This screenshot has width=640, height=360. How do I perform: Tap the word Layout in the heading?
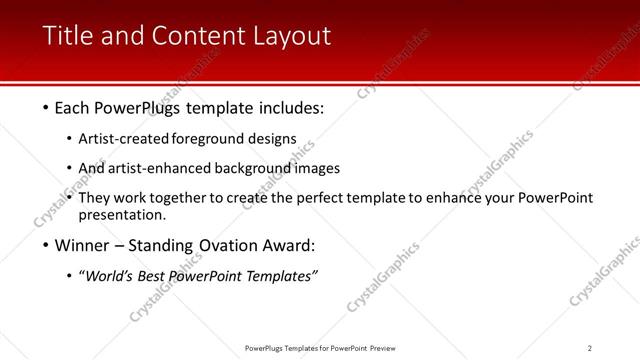coord(291,36)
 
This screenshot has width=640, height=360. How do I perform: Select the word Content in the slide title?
coord(193,36)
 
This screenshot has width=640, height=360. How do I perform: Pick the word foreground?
coord(207,139)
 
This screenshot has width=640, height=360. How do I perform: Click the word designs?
coord(271,139)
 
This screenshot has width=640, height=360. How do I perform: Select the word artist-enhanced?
coord(157,168)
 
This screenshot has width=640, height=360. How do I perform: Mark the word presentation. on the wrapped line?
coord(121,214)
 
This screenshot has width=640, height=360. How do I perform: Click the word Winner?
coord(83,246)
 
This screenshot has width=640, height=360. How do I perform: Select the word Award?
coord(288,246)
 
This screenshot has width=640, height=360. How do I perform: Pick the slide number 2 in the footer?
coord(590,348)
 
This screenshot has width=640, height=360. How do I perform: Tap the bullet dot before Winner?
coord(45,246)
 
